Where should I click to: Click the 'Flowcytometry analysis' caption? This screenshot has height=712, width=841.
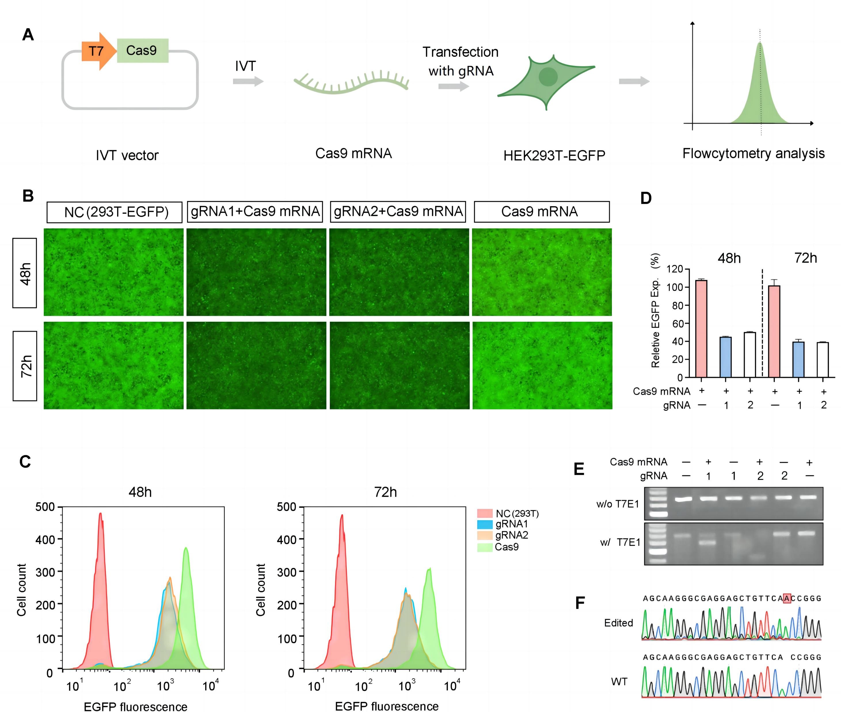coord(753,154)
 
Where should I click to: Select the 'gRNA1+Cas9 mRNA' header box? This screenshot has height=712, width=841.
coord(255,211)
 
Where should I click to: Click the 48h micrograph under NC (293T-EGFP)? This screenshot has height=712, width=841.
coord(113,272)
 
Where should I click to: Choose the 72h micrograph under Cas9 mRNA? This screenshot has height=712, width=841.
coord(542,365)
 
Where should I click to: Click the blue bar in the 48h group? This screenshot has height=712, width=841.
coord(726,357)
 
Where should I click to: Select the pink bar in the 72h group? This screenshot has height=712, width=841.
coord(774,331)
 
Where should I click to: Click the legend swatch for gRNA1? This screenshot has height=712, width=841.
coord(484,524)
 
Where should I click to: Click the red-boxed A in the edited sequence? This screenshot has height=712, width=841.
coord(786,598)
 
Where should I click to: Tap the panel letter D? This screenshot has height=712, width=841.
coord(646,198)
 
